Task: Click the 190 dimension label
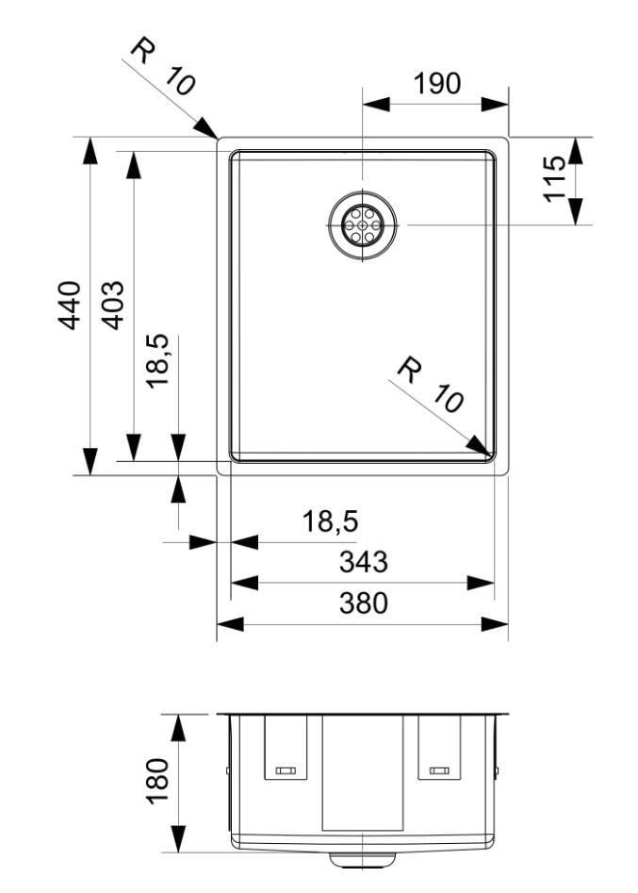click(x=437, y=84)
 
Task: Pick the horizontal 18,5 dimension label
click(x=331, y=521)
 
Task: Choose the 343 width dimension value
click(x=363, y=562)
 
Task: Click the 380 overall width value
click(x=363, y=603)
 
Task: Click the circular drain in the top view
click(x=362, y=225)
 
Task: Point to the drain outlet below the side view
click(x=363, y=859)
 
